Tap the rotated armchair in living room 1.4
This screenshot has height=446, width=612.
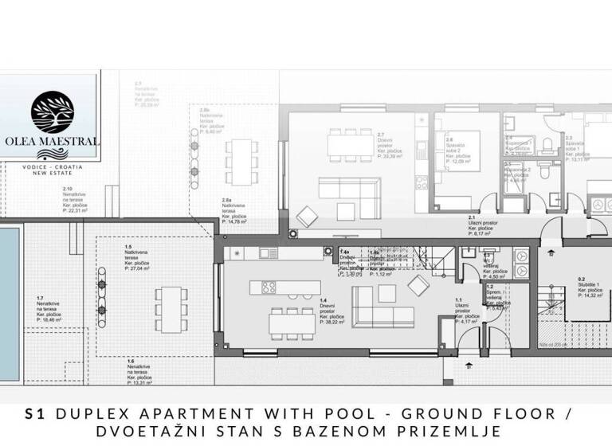click(x=418, y=284)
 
